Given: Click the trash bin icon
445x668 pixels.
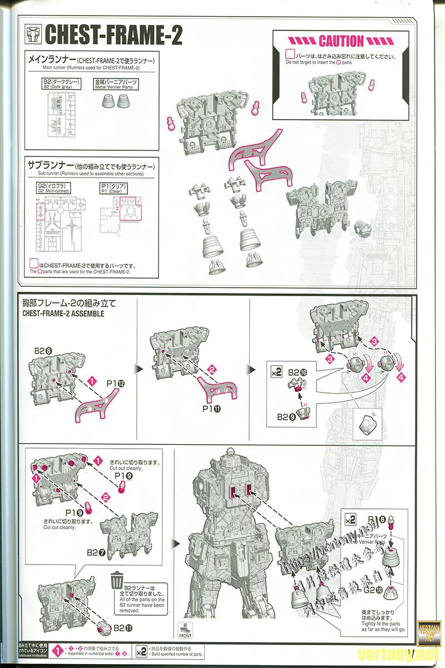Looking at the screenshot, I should [117, 579].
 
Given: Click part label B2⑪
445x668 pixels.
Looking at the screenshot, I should [123, 628].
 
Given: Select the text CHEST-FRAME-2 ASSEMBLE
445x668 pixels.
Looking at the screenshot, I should [63, 313].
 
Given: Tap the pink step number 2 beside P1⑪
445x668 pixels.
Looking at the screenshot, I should [211, 368].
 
